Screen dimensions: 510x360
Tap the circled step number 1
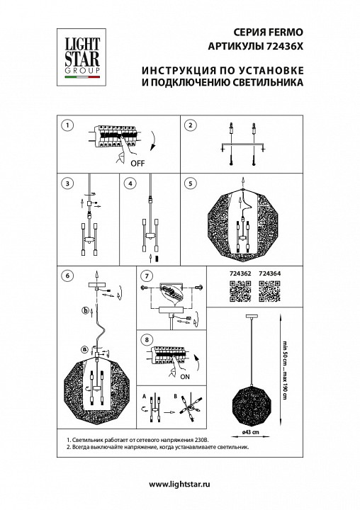point(66,125)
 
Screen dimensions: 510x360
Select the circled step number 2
point(189,125)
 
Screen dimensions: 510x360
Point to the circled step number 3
point(66,183)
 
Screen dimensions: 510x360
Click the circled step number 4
point(129,183)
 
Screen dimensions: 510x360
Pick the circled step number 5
point(189,183)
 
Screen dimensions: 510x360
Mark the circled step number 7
point(146,275)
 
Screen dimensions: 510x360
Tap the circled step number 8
point(146,340)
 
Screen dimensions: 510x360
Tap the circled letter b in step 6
point(85,310)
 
